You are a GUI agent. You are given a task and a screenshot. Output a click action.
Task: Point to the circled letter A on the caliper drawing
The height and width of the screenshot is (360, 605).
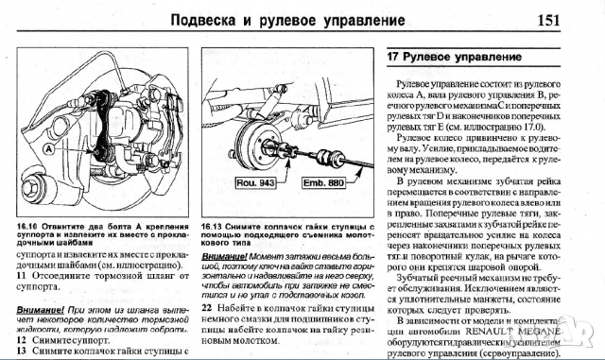point(46,147)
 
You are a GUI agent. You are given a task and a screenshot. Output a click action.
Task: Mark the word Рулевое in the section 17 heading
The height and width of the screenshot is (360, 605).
point(437,58)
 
